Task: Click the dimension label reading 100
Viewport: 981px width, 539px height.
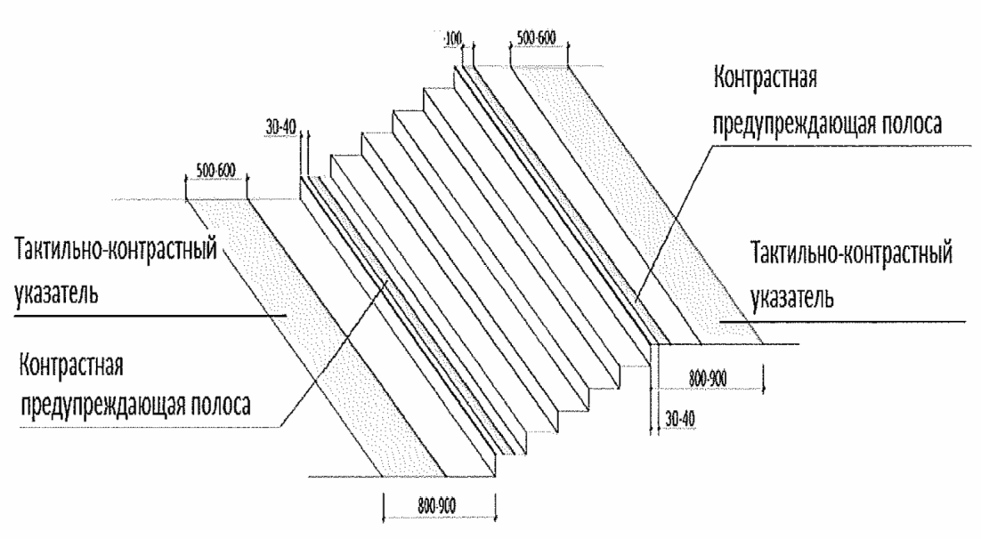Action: point(453,39)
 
